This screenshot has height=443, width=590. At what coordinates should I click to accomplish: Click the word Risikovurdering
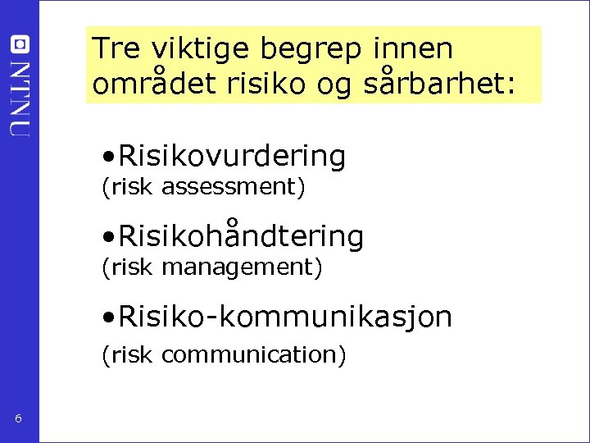(x=232, y=155)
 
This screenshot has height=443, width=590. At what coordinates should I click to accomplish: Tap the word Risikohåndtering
(x=241, y=236)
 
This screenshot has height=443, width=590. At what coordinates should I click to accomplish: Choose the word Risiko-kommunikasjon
(x=285, y=317)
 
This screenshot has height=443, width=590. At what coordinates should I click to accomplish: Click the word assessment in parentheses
(x=234, y=187)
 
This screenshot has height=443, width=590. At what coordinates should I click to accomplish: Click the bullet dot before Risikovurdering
(x=108, y=156)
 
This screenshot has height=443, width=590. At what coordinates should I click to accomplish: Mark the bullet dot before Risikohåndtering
(x=108, y=237)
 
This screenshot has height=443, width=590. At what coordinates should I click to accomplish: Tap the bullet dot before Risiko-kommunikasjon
(x=108, y=317)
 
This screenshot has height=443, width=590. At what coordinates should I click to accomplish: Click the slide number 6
(x=18, y=420)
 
